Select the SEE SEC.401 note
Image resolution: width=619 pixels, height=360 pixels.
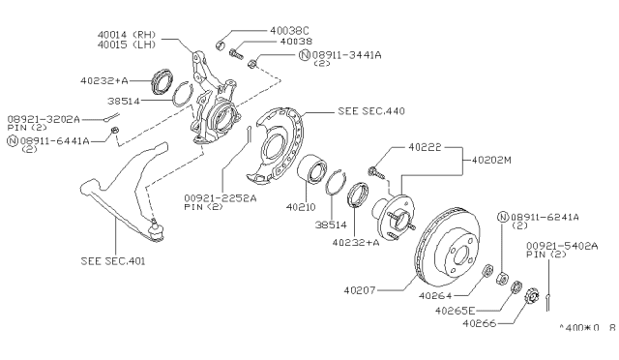pyautogui.click(x=112, y=260)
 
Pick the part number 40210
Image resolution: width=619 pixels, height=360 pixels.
pyautogui.click(x=302, y=205)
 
